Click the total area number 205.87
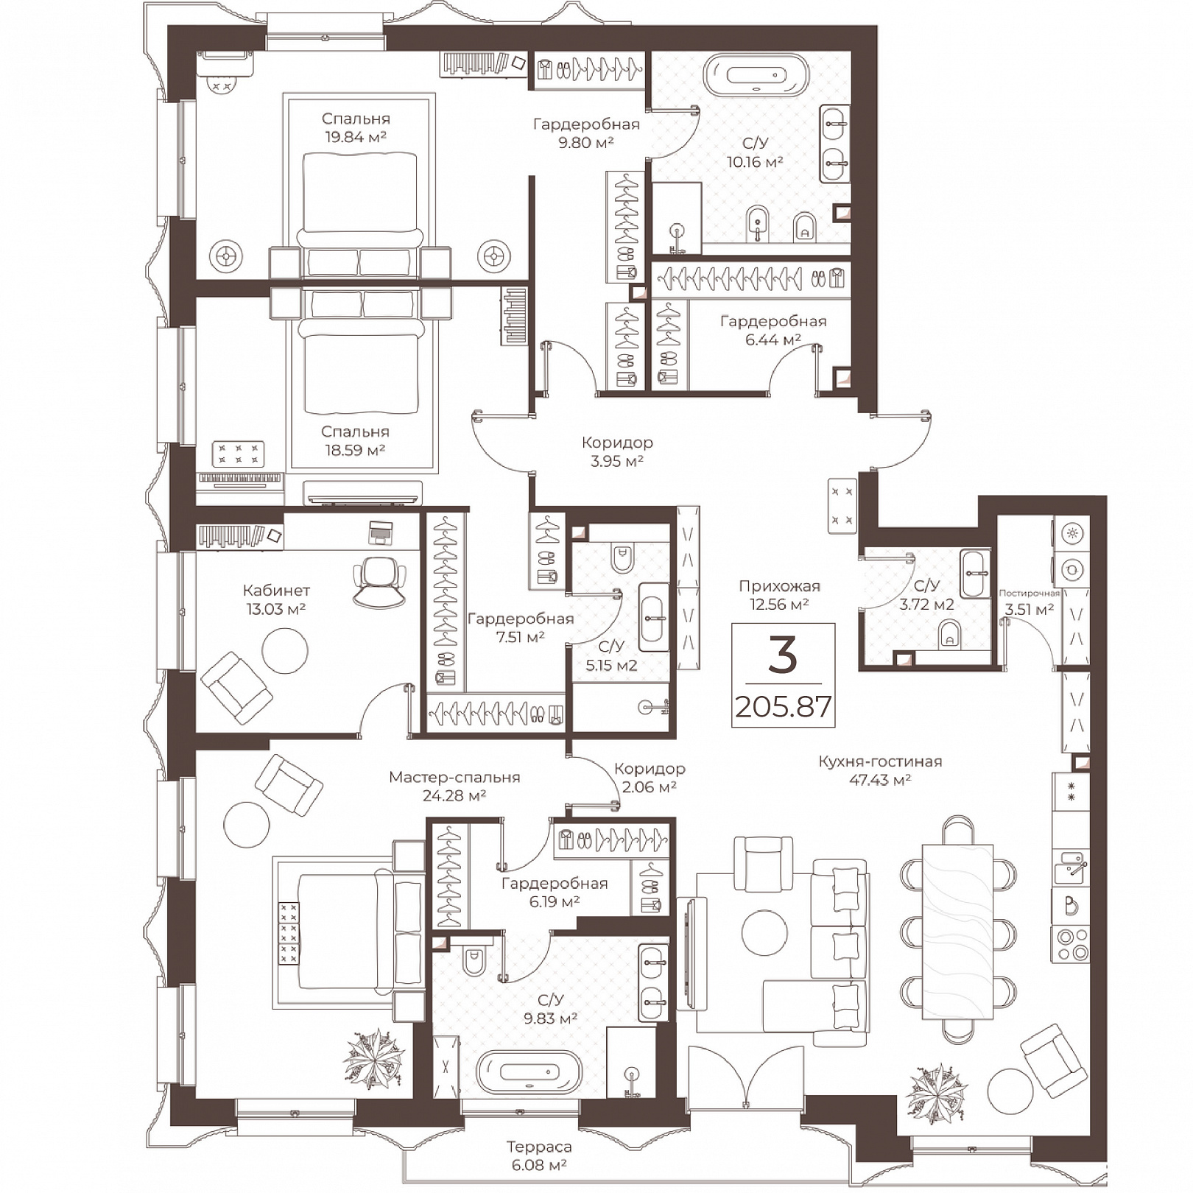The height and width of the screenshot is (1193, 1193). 784,708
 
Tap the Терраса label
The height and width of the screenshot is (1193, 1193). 539,1147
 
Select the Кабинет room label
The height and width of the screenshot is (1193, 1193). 276,590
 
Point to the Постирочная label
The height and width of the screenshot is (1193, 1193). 1029,593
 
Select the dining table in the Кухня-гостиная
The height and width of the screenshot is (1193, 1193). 957,929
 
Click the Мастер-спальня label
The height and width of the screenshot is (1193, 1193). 454,777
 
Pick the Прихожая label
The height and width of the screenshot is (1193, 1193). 779,586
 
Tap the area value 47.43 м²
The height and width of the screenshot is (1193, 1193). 880,780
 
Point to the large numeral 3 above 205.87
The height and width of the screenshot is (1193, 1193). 782,654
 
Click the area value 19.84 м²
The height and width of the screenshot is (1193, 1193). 356,136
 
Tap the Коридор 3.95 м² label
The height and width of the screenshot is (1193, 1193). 616,451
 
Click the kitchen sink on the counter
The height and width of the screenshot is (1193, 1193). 1070,867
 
